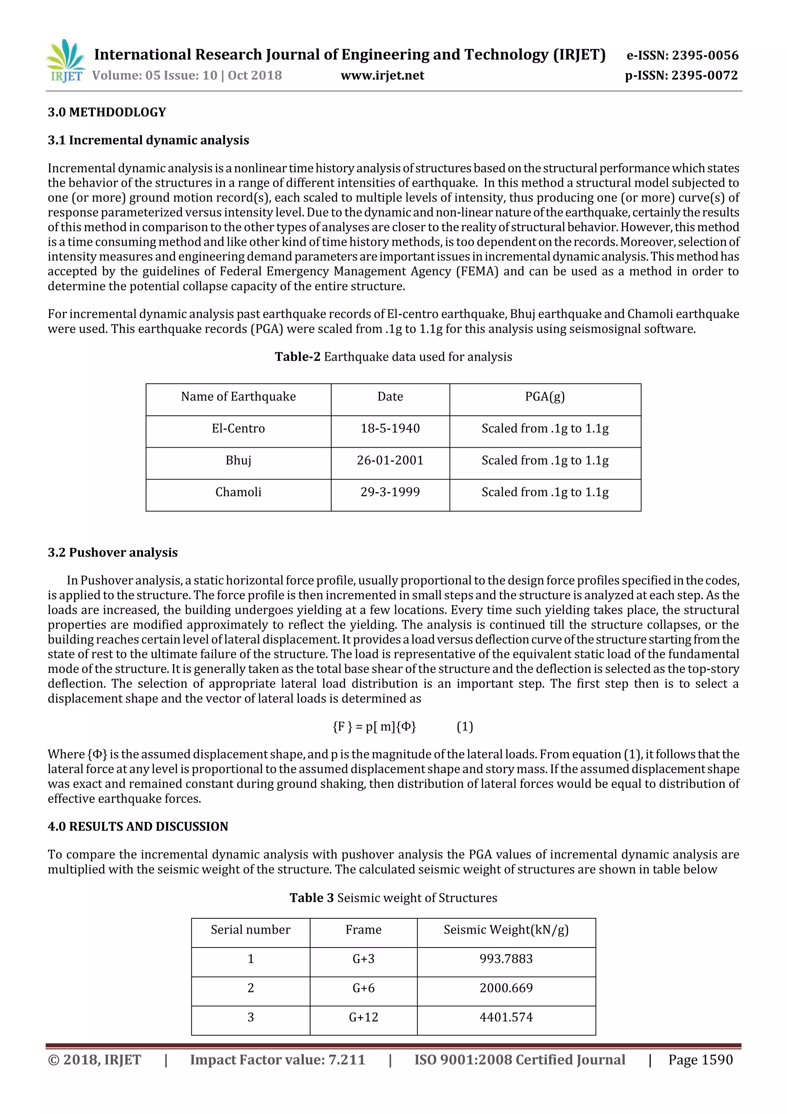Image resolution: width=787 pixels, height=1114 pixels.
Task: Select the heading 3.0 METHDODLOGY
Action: pos(107,112)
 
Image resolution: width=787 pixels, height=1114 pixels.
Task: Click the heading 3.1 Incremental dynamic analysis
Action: pos(148,140)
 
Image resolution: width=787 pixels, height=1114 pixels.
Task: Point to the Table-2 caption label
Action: pos(297,356)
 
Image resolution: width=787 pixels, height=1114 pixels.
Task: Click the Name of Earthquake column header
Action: pos(238,397)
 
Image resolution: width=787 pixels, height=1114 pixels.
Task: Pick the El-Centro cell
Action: pos(238,428)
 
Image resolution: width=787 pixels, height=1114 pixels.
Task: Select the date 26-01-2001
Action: pos(390,460)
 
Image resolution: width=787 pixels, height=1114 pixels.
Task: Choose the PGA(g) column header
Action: pos(545,397)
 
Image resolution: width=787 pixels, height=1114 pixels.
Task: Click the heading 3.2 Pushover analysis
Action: pos(113,552)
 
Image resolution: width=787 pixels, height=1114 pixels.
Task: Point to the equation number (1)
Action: pos(465,726)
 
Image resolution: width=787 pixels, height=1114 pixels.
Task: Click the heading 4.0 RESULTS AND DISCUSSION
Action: pos(138,826)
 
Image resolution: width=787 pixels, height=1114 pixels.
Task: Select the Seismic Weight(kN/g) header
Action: pos(506,930)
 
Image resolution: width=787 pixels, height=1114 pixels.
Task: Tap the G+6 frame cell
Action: pos(363,988)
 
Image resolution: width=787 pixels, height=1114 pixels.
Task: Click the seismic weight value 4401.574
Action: pos(506,1017)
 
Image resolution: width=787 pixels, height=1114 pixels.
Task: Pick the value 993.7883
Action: pos(506,959)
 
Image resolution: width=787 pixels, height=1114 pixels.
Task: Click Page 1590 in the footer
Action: pos(700,1060)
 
